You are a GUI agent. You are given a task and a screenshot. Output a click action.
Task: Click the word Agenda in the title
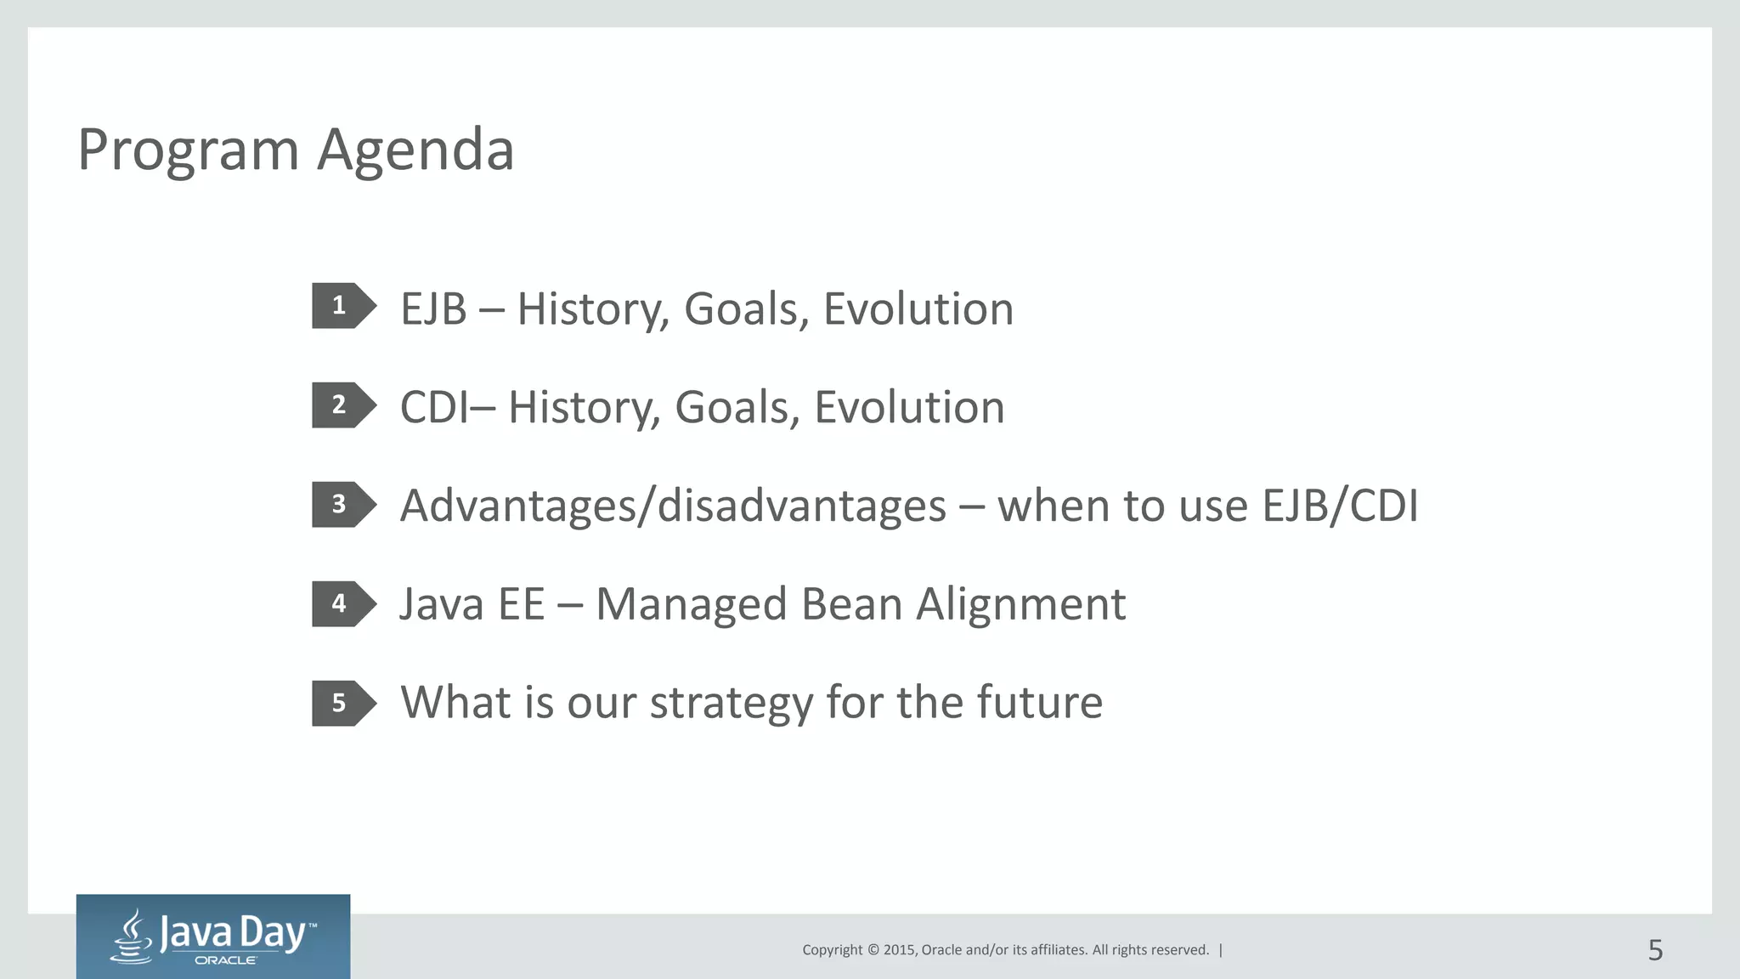pyautogui.click(x=415, y=151)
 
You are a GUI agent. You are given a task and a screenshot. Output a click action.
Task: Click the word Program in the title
pyautogui.click(x=189, y=151)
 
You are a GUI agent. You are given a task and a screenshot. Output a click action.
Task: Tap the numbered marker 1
pyautogui.click(x=340, y=305)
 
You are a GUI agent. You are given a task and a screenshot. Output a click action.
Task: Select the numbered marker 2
pyautogui.click(x=340, y=405)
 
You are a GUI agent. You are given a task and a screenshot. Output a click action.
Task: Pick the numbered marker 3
pyautogui.click(x=340, y=504)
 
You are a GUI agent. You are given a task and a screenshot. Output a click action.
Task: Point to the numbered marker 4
pyautogui.click(x=340, y=603)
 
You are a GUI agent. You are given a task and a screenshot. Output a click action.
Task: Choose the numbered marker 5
pyautogui.click(x=340, y=703)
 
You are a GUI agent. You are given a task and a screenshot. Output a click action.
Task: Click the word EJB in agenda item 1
pyautogui.click(x=433, y=308)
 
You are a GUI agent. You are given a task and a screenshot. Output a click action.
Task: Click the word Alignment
pyautogui.click(x=1020, y=605)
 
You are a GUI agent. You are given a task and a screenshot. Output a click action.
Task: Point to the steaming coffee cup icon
pyautogui.click(x=133, y=937)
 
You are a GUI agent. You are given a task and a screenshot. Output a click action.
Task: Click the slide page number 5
pyautogui.click(x=1655, y=950)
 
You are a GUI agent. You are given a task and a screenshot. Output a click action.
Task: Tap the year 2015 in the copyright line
pyautogui.click(x=899, y=950)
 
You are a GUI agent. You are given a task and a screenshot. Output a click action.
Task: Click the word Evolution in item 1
pyautogui.click(x=918, y=308)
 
